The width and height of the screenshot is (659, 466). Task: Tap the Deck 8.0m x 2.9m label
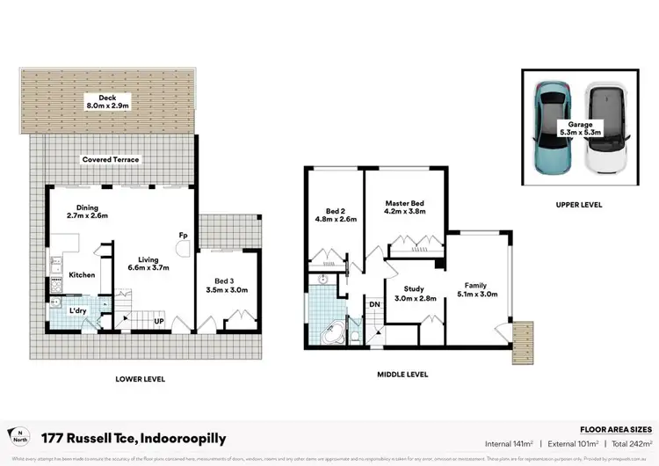[x=107, y=101]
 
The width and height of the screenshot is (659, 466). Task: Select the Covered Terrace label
[x=111, y=159]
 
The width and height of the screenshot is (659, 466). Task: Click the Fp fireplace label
[x=183, y=236]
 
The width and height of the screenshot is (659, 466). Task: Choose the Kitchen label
[x=82, y=275]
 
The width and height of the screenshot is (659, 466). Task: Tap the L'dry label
[x=77, y=310]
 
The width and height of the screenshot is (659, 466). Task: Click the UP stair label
[x=159, y=323]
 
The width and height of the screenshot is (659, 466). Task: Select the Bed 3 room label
[x=226, y=284]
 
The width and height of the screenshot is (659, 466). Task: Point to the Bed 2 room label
[x=335, y=216]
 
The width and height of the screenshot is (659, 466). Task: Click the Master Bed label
[x=404, y=208]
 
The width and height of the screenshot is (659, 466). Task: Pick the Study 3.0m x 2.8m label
[x=414, y=294]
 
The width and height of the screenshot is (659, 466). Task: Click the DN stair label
[x=373, y=304]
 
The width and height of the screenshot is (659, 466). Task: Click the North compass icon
[x=16, y=437]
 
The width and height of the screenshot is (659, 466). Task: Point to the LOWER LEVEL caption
[x=141, y=379]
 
